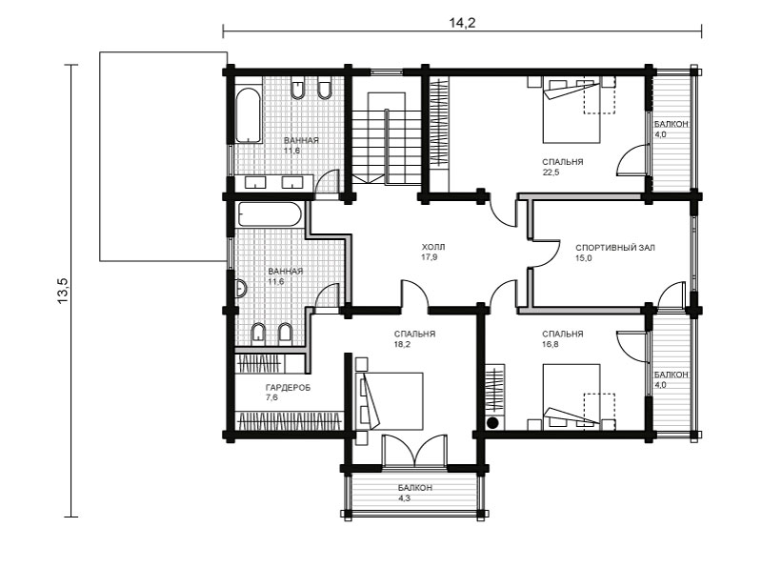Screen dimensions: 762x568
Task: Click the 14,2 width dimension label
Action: point(462,22)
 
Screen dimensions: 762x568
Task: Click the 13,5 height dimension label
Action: point(64,292)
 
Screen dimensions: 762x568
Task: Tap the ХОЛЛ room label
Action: point(432,247)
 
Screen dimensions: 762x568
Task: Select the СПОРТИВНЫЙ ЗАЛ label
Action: point(614,248)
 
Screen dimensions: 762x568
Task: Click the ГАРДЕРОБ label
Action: point(288,388)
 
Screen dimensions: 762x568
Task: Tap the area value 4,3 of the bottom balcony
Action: point(404,498)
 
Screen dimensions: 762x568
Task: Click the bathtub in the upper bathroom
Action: point(249,115)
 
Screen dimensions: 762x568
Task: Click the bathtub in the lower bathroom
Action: point(270,214)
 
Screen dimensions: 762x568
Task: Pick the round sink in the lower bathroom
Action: point(241,289)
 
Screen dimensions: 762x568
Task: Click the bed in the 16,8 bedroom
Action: point(571,396)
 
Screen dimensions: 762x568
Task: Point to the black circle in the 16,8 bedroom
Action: point(492,422)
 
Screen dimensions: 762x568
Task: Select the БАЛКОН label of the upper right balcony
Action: point(671,124)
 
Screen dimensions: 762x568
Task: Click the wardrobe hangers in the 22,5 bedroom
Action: point(439,124)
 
